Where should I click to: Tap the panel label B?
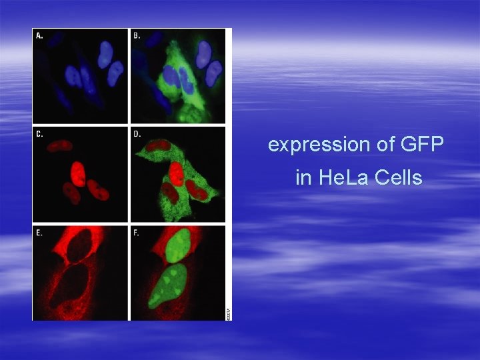point(137,35)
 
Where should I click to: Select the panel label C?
point(39,133)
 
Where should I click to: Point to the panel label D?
point(137,133)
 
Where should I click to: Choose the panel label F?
point(137,233)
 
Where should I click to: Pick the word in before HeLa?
point(303,178)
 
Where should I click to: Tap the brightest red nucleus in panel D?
point(176,175)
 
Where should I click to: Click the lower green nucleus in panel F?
point(173,283)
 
